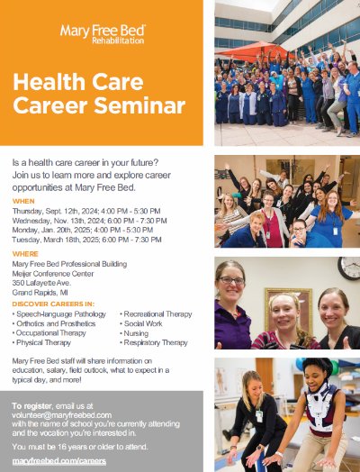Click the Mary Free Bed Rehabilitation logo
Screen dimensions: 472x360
click(x=102, y=34)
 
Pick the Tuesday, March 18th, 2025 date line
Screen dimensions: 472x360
click(x=86, y=240)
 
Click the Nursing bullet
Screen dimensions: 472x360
click(x=139, y=333)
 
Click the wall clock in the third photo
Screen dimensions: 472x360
click(x=348, y=268)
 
